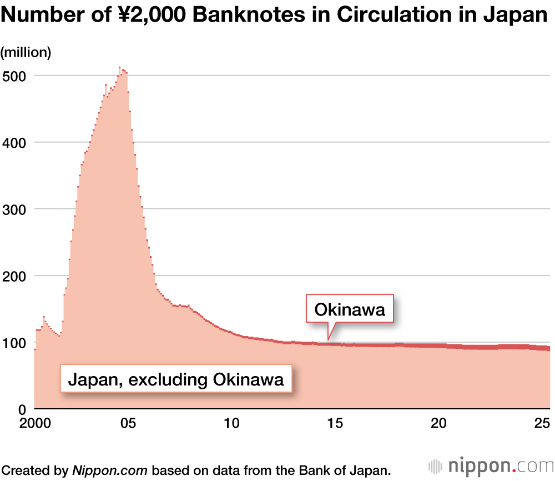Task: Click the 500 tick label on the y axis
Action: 14,76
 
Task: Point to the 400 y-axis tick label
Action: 14,143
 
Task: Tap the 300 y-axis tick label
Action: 14,209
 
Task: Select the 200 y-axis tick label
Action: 14,276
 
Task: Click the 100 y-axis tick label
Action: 14,343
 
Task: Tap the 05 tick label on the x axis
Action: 128,424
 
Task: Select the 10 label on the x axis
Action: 231,424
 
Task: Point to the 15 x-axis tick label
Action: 335,424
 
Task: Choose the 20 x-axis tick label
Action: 439,424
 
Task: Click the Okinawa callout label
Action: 350,309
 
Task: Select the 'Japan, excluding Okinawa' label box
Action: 176,380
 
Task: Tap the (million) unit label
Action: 26,53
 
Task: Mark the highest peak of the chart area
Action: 119,68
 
